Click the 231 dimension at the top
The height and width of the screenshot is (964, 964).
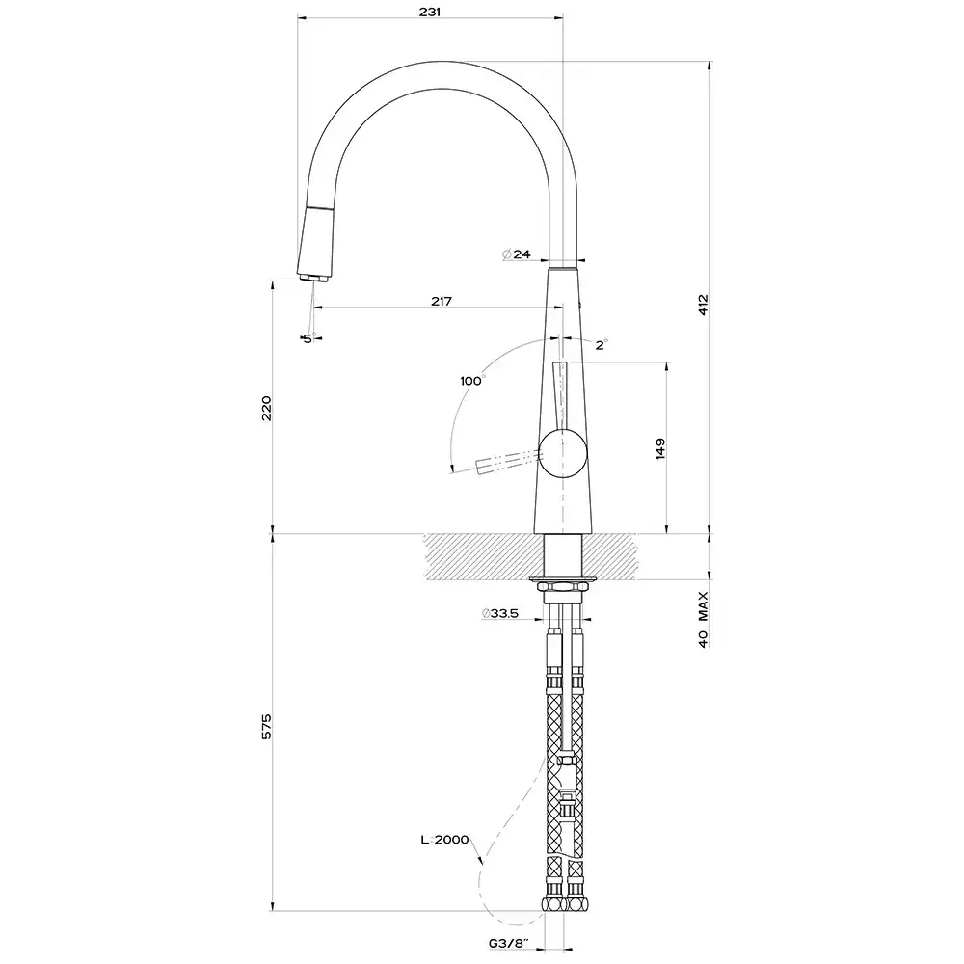pos(430,12)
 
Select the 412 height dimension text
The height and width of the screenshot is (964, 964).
pos(704,305)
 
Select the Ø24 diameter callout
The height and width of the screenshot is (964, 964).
pos(517,254)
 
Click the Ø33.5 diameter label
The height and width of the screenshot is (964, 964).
pos(499,613)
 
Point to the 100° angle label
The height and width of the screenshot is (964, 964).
pos(471,381)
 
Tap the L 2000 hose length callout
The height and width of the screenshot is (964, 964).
pos(444,840)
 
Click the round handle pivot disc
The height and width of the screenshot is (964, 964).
pos(562,453)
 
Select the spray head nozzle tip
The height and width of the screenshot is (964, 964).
pos(310,278)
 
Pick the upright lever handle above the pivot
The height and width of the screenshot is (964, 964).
pos(561,395)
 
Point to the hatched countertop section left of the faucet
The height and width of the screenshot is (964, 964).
pos(477,556)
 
